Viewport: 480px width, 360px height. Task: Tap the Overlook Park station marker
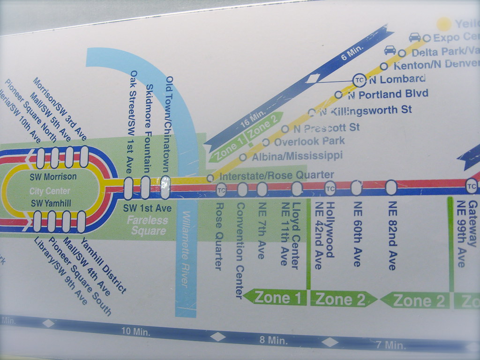[266, 142]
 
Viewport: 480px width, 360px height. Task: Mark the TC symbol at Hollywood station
[330, 188]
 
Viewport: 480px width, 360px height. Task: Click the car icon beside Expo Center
[415, 37]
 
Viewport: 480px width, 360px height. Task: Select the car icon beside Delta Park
[390, 50]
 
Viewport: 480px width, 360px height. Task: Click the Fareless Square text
[148, 225]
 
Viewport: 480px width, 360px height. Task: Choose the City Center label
[50, 191]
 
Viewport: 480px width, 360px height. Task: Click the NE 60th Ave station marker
[356, 187]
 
